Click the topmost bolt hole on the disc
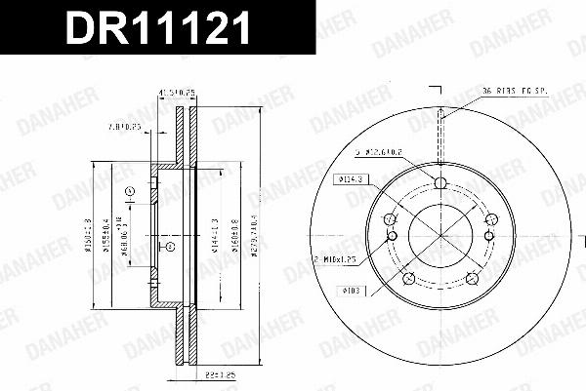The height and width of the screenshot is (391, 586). (x=439, y=184)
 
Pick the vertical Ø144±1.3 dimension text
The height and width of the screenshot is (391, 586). (x=215, y=234)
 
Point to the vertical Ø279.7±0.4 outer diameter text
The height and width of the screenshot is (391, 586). (x=256, y=234)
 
